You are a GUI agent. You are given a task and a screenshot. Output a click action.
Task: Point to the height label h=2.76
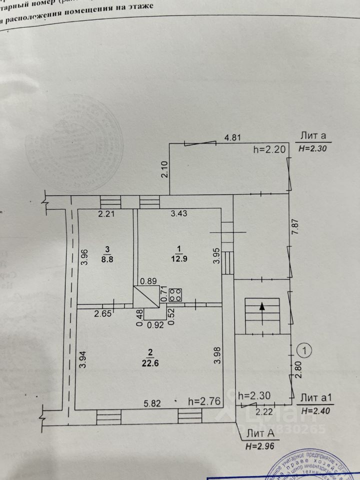click(x=204, y=401)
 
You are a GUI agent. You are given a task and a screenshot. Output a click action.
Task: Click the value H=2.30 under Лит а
click(x=312, y=148)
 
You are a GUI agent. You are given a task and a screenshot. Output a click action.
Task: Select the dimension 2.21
click(x=106, y=214)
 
